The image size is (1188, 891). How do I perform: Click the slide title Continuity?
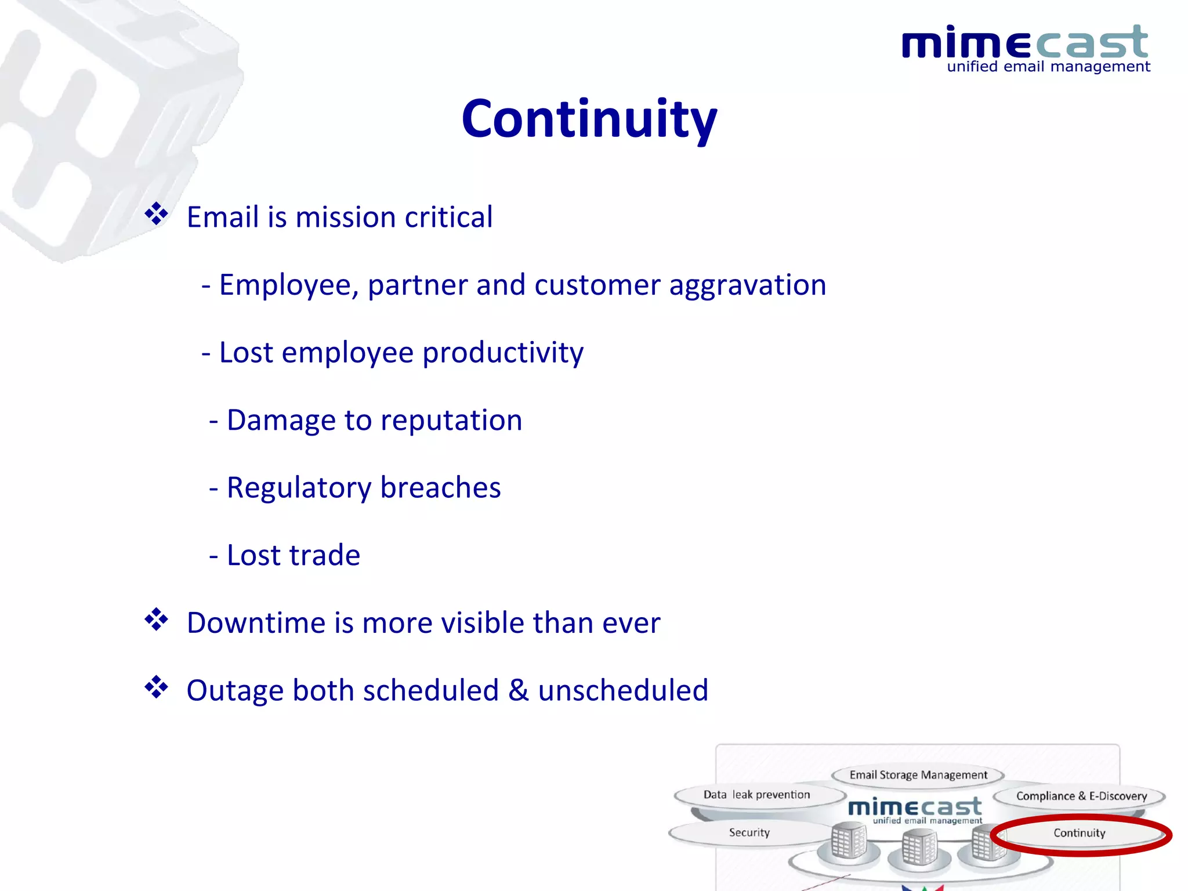click(589, 119)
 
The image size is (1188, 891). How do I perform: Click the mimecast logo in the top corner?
click(1025, 43)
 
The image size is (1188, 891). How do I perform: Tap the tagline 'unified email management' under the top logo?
click(1048, 67)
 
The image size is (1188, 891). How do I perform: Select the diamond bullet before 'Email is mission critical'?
click(156, 214)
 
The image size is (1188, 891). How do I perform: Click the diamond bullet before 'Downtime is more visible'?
click(156, 620)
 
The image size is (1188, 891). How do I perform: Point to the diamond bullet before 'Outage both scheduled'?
click(156, 687)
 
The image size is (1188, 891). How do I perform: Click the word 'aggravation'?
click(747, 285)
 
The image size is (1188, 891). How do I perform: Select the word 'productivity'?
click(502, 353)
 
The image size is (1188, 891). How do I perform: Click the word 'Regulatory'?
click(299, 488)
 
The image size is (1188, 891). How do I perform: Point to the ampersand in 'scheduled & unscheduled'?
click(518, 690)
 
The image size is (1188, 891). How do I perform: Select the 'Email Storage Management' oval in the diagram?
click(918, 775)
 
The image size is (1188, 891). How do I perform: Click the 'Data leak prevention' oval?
click(756, 795)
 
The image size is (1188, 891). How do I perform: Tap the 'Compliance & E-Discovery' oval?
click(1081, 796)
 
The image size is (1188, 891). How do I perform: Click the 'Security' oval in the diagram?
click(749, 832)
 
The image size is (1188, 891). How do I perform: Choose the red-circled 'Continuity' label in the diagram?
click(1079, 833)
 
